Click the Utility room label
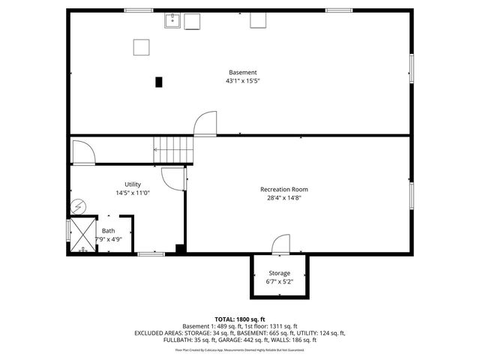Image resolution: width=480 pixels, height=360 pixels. pos(133,184)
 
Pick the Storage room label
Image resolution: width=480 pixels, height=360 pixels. pos(279,273)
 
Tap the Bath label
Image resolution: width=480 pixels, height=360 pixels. pos(109,231)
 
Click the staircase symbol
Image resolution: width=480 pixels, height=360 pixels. pos(173,150)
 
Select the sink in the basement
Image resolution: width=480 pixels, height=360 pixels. pos(172,19)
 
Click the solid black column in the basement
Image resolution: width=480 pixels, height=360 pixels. pos(159,82)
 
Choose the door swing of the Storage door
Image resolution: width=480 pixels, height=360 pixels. pos(280,244)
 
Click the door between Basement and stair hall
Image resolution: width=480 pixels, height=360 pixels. pos(203,124)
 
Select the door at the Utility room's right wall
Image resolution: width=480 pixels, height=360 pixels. pos(174,178)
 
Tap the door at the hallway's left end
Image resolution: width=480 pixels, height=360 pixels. pos(82,153)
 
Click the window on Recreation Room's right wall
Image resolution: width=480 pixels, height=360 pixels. pos(410,195)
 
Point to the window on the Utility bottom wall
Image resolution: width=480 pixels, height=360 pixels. pos(151,255)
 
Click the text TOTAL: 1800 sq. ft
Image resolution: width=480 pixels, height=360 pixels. pos(240,319)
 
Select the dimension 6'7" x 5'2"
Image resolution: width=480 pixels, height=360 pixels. pos(279,282)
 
